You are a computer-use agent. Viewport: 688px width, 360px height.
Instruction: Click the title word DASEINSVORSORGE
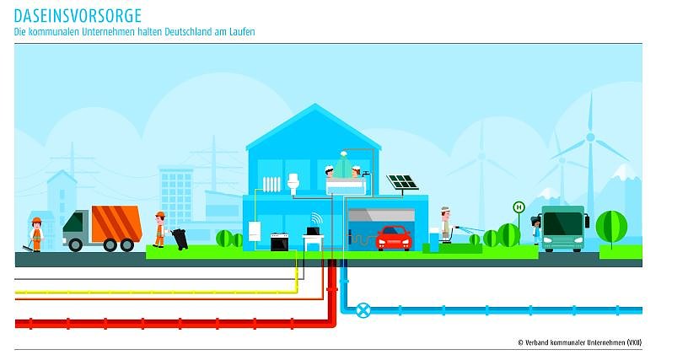(78, 16)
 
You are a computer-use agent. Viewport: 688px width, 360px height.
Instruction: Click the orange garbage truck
(102, 228)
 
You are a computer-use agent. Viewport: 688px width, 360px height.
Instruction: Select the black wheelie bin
(180, 239)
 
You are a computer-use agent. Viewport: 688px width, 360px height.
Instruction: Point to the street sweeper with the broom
(35, 234)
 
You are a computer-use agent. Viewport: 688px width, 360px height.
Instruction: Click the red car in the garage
(394, 238)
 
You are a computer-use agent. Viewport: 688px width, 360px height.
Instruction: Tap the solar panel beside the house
(402, 183)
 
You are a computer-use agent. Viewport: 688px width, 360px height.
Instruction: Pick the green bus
(563, 228)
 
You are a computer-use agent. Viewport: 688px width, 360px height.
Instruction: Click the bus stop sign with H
(519, 207)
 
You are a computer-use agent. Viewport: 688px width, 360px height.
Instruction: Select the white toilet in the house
(293, 183)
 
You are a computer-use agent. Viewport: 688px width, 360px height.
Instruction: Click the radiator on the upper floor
(271, 184)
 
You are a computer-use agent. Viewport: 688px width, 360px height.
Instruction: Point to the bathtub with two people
(346, 180)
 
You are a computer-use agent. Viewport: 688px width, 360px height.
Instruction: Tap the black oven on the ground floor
(280, 242)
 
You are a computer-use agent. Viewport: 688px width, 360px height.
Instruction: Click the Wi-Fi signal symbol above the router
(317, 218)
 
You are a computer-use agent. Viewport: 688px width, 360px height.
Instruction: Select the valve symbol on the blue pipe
(363, 310)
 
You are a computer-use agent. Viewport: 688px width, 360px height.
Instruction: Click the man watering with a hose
(446, 225)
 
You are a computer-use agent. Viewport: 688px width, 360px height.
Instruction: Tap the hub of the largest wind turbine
(590, 137)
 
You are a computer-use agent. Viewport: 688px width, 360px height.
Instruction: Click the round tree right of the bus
(611, 227)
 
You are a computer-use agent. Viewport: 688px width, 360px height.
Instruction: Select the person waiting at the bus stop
(535, 230)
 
